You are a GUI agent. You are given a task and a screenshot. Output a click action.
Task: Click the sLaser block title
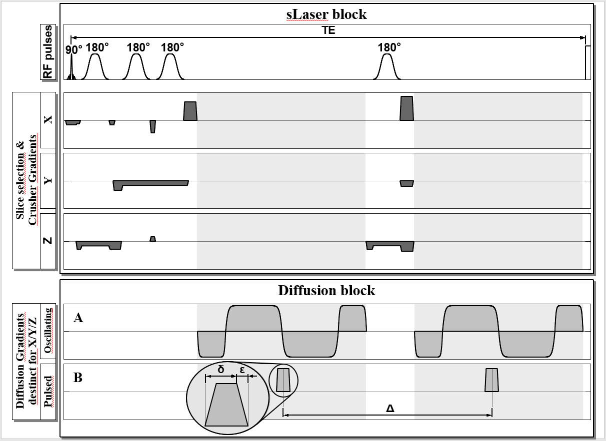click(x=326, y=14)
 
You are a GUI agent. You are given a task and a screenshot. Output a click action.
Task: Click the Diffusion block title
click(x=326, y=290)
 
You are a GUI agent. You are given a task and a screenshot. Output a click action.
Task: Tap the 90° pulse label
click(x=73, y=49)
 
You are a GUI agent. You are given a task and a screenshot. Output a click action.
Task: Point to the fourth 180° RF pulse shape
click(x=386, y=67)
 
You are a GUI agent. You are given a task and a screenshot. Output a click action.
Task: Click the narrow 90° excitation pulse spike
click(x=71, y=67)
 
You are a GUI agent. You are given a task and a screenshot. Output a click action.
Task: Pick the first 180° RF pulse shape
click(x=95, y=67)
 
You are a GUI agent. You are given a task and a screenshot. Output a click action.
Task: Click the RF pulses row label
click(x=48, y=52)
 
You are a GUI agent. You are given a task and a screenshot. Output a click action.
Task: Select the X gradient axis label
click(x=48, y=120)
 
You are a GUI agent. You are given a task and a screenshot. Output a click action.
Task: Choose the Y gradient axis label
click(x=48, y=180)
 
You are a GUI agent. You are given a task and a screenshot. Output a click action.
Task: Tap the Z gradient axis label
click(x=48, y=241)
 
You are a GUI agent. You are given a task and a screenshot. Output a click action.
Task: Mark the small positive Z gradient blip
click(x=152, y=239)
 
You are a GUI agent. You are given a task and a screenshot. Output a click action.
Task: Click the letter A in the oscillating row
click(x=78, y=318)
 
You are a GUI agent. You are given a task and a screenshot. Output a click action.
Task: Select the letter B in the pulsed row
click(x=78, y=378)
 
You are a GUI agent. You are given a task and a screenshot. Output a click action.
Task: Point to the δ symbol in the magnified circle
click(x=220, y=370)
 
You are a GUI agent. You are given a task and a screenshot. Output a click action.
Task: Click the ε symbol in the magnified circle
click(x=242, y=370)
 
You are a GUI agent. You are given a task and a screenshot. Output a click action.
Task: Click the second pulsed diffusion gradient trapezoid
click(x=491, y=380)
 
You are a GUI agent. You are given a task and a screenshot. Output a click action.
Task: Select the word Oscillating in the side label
click(x=48, y=331)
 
